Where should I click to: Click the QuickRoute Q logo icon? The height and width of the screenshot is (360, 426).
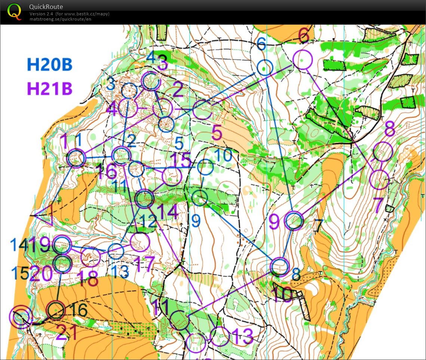15,11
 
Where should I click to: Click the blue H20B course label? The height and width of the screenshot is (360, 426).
49,65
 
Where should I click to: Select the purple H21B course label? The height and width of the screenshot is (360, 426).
49,89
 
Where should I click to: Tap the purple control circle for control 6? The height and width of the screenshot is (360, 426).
302,60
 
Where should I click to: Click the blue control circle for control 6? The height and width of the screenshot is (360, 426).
265,67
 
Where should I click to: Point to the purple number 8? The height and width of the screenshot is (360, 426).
389,129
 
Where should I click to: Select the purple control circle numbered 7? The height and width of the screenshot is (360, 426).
379,179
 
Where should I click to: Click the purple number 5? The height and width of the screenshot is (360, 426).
217,133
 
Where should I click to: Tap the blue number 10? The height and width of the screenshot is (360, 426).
224,155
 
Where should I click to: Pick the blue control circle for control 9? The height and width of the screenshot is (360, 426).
200,198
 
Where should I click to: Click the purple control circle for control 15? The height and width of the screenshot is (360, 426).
172,176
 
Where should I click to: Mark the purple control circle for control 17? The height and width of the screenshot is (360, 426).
140,242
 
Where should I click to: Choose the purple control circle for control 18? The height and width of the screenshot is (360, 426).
91,256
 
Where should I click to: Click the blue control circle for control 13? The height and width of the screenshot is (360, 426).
116,251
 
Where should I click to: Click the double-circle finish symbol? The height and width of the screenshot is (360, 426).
20,317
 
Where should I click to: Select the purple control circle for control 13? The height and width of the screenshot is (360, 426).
220,336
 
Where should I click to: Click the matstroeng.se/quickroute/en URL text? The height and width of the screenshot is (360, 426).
60,19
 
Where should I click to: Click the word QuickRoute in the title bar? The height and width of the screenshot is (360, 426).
46,7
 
